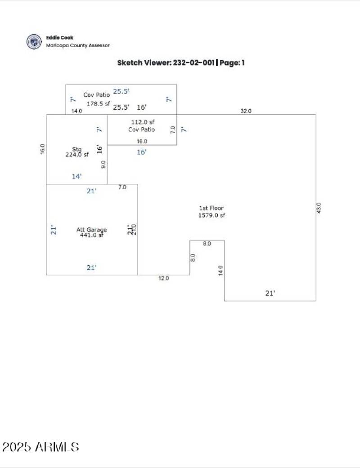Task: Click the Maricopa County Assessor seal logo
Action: point(34,41)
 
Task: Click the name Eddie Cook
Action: point(59,38)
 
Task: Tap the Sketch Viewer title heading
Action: point(181,63)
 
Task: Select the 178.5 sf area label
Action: point(98,103)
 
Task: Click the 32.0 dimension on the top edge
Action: point(246,111)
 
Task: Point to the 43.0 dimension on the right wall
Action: point(319,208)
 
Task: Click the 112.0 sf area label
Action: point(143,122)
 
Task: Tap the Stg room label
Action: point(77,149)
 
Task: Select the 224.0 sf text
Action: point(77,154)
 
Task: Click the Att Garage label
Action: point(91,230)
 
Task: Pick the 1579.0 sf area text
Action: point(211,215)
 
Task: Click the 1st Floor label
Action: point(211,208)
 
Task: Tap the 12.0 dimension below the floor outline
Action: point(163,279)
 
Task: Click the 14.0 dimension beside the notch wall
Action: point(220,270)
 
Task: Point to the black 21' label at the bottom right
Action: point(270,293)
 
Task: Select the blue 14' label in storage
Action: point(77,177)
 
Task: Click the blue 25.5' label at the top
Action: point(121,91)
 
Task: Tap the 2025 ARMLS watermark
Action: point(40,447)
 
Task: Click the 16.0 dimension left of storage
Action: point(42,149)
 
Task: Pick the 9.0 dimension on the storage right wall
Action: point(103,165)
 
